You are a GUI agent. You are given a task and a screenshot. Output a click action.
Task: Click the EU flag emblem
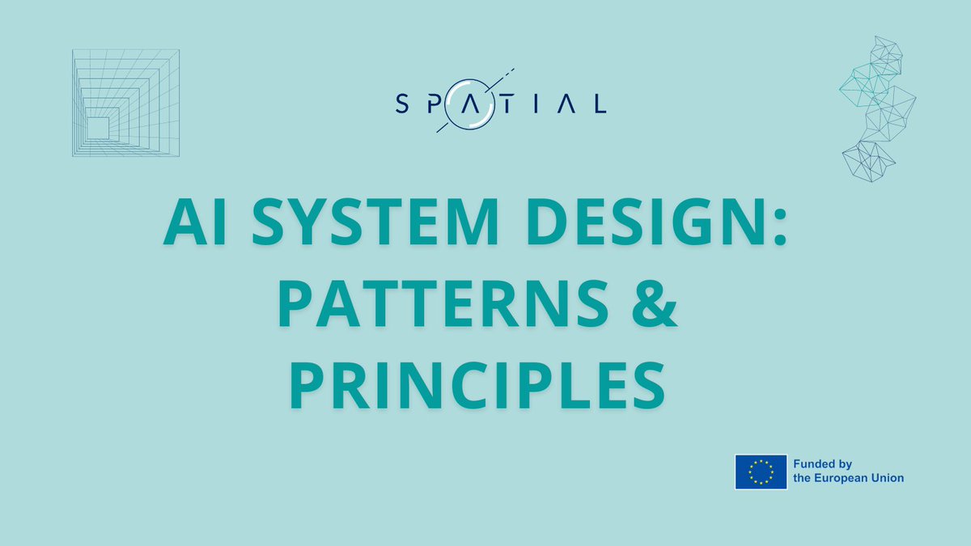pyautogui.click(x=761, y=472)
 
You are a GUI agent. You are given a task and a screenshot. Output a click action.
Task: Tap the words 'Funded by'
pyautogui.click(x=822, y=464)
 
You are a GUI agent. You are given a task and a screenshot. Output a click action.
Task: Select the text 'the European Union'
pyautogui.click(x=848, y=478)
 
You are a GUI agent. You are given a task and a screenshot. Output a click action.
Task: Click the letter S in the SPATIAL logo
pyautogui.click(x=401, y=104)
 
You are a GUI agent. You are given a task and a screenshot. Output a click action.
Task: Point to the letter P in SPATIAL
pyautogui.click(x=436, y=104)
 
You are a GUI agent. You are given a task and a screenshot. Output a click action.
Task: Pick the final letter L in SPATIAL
pyautogui.click(x=600, y=104)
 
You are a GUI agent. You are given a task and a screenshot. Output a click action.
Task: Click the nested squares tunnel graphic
pyautogui.click(x=125, y=103)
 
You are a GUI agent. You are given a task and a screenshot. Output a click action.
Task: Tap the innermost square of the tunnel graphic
pyautogui.click(x=98, y=128)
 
